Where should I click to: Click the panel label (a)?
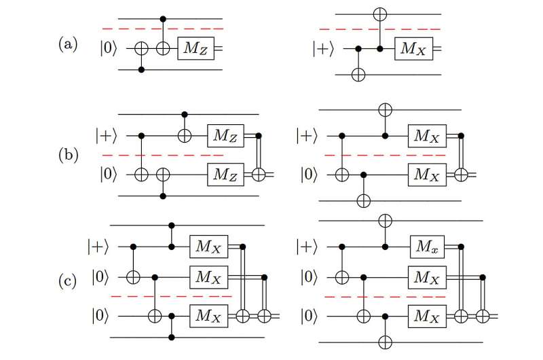pos(67,47)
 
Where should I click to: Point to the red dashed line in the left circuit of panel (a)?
pos(162,29)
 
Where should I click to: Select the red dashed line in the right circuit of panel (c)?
pos(373,297)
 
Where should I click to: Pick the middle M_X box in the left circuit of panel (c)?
pos(208,277)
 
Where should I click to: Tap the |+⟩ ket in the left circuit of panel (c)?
pos(97,244)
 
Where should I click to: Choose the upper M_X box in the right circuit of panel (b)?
pos(426,136)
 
